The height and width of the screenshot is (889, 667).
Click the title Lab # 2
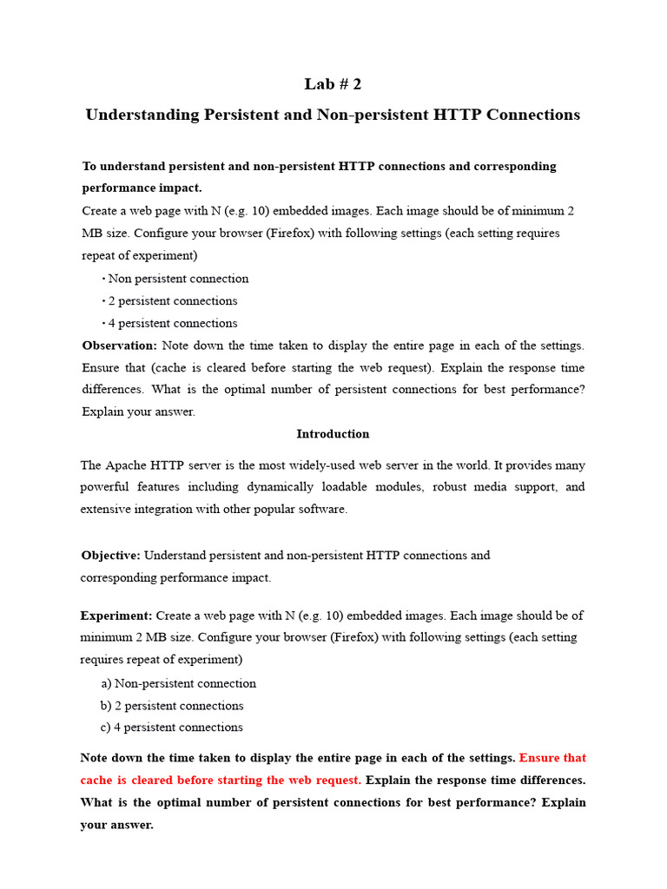pos(333,84)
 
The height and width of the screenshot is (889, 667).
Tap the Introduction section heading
pos(333,433)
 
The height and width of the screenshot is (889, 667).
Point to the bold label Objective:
pos(111,555)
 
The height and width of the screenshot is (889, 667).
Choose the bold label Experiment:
pos(116,615)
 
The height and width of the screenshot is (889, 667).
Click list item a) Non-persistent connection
pos(179,683)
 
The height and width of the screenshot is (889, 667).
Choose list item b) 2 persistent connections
pos(172,706)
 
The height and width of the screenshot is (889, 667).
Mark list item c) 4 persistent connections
pos(172,728)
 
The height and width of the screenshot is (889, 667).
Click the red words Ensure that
pos(552,758)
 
